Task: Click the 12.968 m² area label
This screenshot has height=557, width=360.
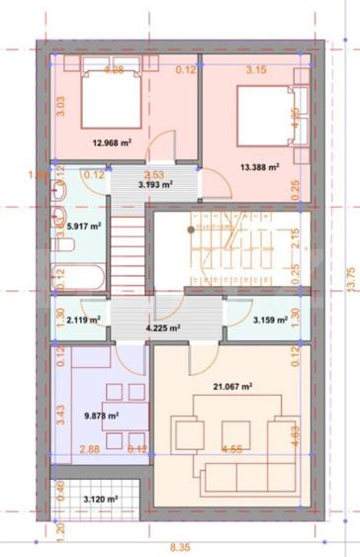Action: tap(112, 142)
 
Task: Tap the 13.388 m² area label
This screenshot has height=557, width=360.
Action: tap(258, 167)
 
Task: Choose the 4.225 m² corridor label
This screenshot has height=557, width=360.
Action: tap(162, 327)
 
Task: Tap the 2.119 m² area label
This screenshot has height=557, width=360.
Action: tap(83, 320)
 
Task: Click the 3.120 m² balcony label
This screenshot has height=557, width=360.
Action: tap(100, 499)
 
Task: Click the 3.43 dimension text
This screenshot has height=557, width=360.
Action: tap(59, 416)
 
